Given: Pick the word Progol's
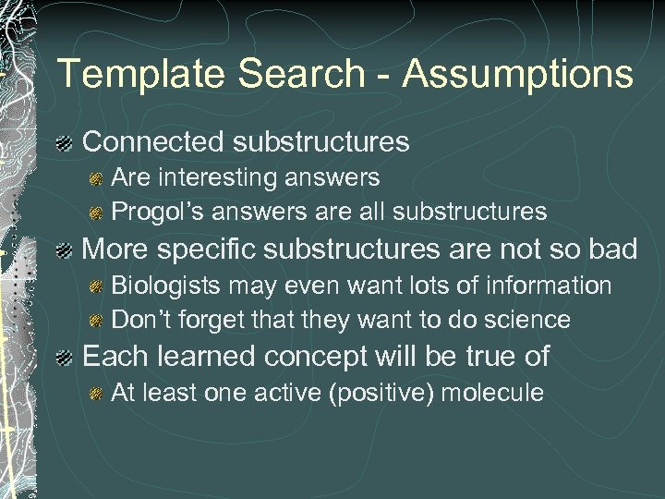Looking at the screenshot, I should click(158, 212).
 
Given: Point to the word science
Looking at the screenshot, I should click(526, 321).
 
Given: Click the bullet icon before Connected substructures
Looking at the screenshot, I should click(65, 143).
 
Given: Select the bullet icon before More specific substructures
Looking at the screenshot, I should click(65, 250).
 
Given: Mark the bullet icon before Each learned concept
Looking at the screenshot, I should click(65, 357).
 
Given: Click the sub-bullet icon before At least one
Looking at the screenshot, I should click(95, 394).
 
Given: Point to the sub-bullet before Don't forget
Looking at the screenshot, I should click(95, 322).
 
